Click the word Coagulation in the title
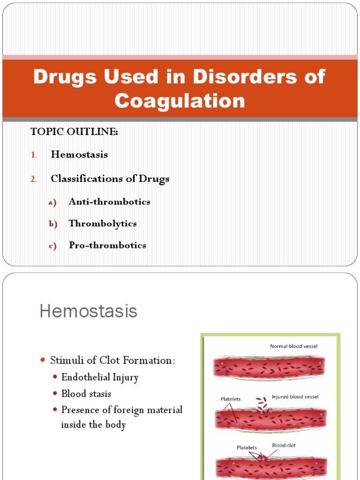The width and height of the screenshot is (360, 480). tap(180, 101)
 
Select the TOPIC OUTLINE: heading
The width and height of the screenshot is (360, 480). tap(74, 132)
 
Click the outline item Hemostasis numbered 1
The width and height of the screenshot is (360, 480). tap(79, 155)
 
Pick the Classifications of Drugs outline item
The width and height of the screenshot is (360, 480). tap(110, 179)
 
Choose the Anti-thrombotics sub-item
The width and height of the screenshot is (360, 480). tap(109, 202)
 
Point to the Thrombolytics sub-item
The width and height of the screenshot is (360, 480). tap(103, 224)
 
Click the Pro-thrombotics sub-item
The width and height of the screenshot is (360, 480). tap(107, 245)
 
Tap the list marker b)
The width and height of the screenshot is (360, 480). tap(52, 224)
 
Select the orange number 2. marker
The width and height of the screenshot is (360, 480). tap(34, 179)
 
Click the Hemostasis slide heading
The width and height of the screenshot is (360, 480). tap(88, 311)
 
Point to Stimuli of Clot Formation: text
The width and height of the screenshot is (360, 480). tap(112, 360)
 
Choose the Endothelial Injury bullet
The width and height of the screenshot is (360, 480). tap(100, 377)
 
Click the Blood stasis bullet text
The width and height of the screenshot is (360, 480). tap(86, 394)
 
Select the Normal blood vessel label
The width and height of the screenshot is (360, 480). tap(293, 346)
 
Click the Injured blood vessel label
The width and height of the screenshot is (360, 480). tap(295, 397)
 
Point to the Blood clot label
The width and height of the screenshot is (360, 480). tap(284, 445)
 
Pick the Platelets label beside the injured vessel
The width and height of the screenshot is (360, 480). tap(231, 399)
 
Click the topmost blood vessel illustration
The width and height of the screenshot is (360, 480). tap(269, 367)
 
